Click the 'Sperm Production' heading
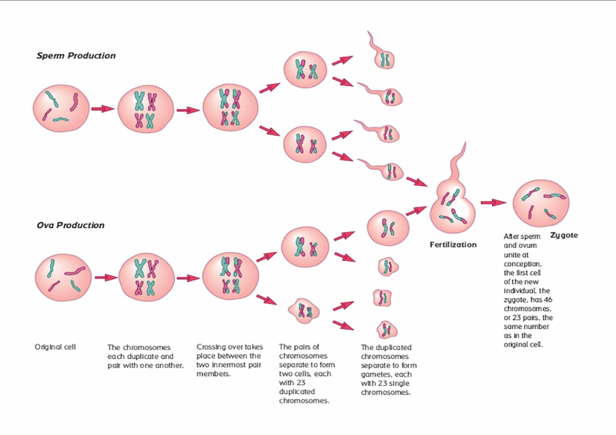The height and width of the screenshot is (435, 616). [76, 56]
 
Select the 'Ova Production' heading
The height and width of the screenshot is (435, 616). [71, 225]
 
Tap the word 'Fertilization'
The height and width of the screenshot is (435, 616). [453, 245]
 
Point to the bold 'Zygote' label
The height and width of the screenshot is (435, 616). [564, 235]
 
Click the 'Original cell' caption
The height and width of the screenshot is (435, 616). [55, 347]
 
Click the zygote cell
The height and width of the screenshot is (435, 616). [541, 203]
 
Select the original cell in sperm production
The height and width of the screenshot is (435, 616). [61, 108]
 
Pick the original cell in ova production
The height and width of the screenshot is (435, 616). [63, 277]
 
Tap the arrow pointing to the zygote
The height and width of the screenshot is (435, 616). [493, 202]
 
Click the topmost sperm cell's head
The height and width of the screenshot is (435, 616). [384, 59]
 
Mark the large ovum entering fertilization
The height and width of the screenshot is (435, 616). [388, 228]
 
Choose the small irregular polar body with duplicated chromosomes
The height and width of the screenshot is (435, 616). [304, 311]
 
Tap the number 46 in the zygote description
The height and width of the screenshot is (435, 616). [548, 300]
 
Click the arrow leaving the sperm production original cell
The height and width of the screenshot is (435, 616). [103, 109]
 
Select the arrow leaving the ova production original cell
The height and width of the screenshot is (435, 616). [106, 277]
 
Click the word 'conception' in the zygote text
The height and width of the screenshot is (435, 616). [522, 264]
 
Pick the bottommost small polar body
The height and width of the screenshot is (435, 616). [387, 330]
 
